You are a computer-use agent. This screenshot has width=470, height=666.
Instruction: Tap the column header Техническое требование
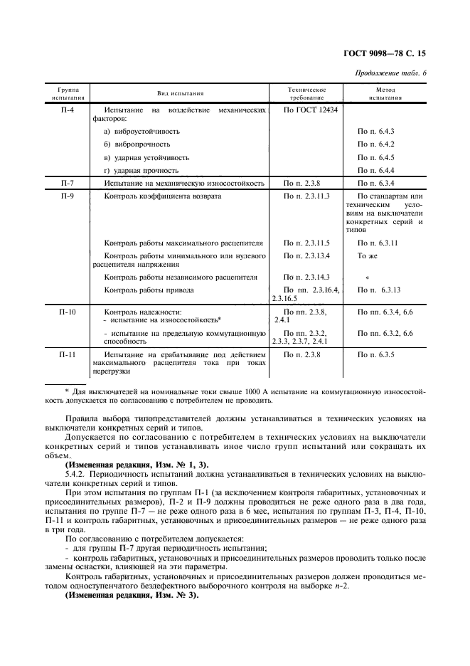(x=306, y=93)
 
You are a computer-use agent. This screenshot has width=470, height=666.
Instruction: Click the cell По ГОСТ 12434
(x=311, y=111)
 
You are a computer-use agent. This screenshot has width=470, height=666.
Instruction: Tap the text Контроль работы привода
(x=149, y=290)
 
